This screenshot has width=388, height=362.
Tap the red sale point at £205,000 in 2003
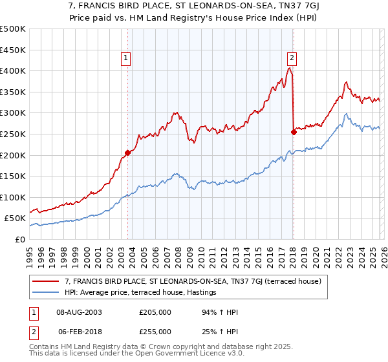pyautogui.click(x=127, y=153)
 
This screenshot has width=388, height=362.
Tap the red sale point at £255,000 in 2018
pyautogui.click(x=294, y=132)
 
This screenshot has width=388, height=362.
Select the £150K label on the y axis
pyautogui.click(x=13, y=176)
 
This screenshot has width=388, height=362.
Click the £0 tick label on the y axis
pyautogui.click(x=19, y=239)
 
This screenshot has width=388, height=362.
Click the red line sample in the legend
pyautogui.click(x=46, y=281)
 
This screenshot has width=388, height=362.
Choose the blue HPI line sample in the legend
pyautogui.click(x=46, y=293)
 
